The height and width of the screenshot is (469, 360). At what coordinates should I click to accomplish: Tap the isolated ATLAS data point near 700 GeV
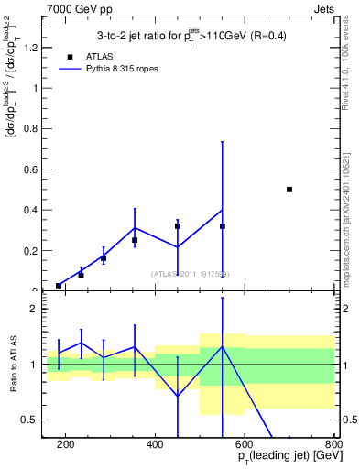289,190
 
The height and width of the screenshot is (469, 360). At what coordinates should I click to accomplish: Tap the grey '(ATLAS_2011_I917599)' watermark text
190,274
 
